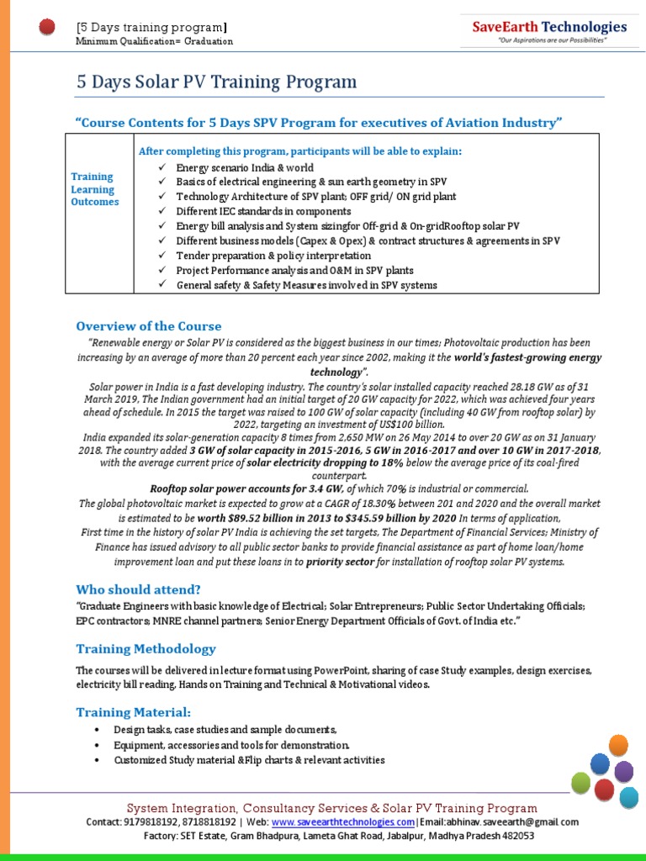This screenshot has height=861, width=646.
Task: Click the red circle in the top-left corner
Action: coord(48,29)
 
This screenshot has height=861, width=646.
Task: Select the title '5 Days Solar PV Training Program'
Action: coord(216,82)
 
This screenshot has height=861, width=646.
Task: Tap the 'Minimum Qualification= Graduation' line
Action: coord(154,41)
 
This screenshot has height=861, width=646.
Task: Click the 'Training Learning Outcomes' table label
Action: coord(94,189)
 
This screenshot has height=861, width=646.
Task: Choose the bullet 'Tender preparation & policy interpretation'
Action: coord(273,255)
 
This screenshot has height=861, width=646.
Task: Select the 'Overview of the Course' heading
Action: coord(149,326)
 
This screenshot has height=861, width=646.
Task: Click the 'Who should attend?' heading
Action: coord(138,589)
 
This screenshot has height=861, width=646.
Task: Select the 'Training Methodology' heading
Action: coord(146,648)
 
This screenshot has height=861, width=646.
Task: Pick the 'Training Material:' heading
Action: coord(133,712)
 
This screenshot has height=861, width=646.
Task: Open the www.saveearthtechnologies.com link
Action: coord(342,821)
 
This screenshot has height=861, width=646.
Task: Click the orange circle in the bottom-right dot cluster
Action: coord(618,744)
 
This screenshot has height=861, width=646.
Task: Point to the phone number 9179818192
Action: coord(146,821)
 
